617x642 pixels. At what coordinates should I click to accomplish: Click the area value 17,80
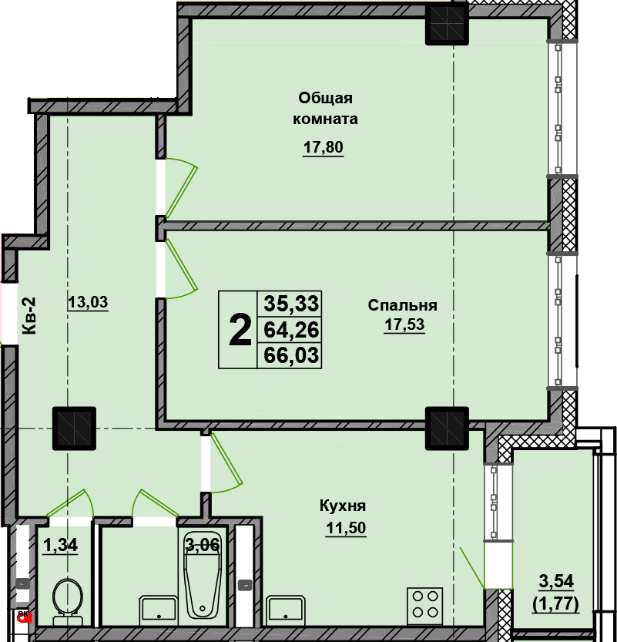click(x=323, y=146)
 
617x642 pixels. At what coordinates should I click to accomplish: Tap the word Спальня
click(x=402, y=305)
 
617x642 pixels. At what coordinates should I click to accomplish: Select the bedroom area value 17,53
click(x=404, y=324)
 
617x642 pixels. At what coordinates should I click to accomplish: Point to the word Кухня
click(x=343, y=506)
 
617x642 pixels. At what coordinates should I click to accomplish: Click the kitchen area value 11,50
click(x=346, y=528)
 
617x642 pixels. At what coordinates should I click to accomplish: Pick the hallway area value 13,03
click(x=88, y=302)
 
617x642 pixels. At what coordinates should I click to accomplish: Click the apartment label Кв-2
click(x=29, y=316)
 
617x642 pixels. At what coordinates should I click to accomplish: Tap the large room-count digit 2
click(x=240, y=330)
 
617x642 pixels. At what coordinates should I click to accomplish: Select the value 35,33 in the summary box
click(x=291, y=304)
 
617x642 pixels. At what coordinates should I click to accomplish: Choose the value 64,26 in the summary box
click(x=291, y=330)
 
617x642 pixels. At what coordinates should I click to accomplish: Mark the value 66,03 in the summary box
click(x=291, y=355)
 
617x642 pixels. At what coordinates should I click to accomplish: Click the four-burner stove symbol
click(x=424, y=607)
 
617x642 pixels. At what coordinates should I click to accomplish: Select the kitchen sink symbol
click(x=286, y=610)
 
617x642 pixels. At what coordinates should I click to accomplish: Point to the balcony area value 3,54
click(x=556, y=581)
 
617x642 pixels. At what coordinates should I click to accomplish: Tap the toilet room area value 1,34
click(x=60, y=546)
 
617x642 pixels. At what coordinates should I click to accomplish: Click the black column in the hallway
click(x=74, y=429)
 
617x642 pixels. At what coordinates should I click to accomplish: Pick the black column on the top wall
click(x=447, y=24)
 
